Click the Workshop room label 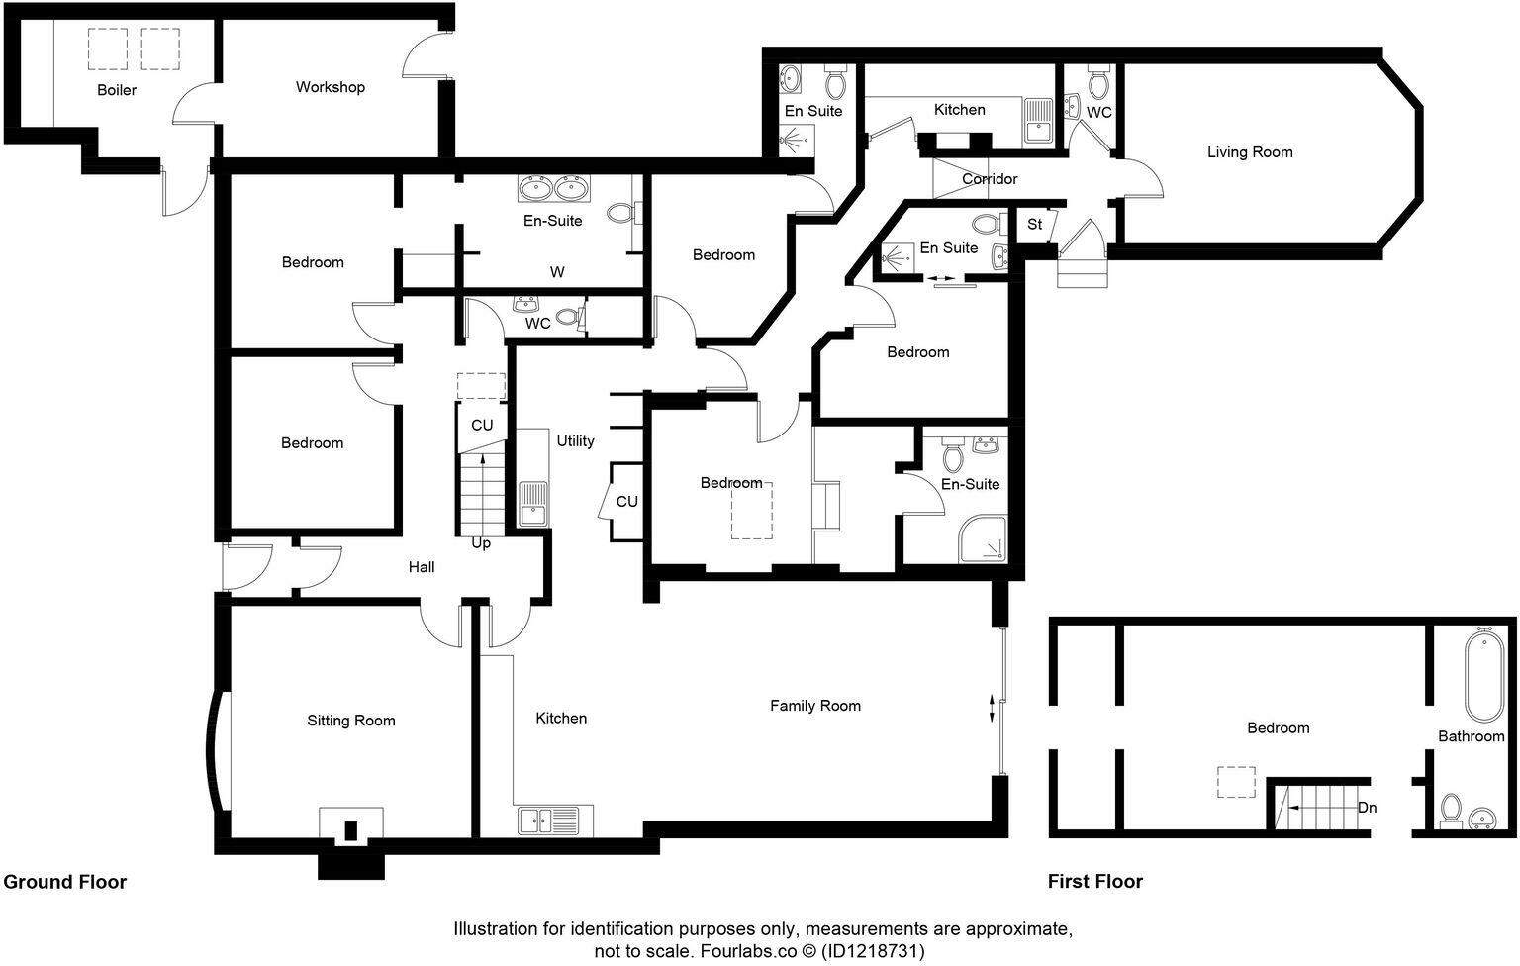(x=331, y=87)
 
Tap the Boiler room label (x=117, y=90)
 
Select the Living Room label (x=1250, y=152)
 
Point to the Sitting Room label (x=350, y=721)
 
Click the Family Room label (x=815, y=706)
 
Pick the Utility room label (x=575, y=441)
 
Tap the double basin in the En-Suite (x=553, y=187)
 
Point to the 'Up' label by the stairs (x=481, y=543)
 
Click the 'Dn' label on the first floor (x=1367, y=808)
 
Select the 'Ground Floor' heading (x=65, y=882)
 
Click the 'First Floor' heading (x=1095, y=882)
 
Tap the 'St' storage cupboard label (x=1034, y=225)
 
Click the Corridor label (x=990, y=179)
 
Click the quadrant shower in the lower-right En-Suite (x=982, y=539)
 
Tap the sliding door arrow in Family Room (x=994, y=709)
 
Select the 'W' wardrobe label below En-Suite (x=557, y=272)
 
